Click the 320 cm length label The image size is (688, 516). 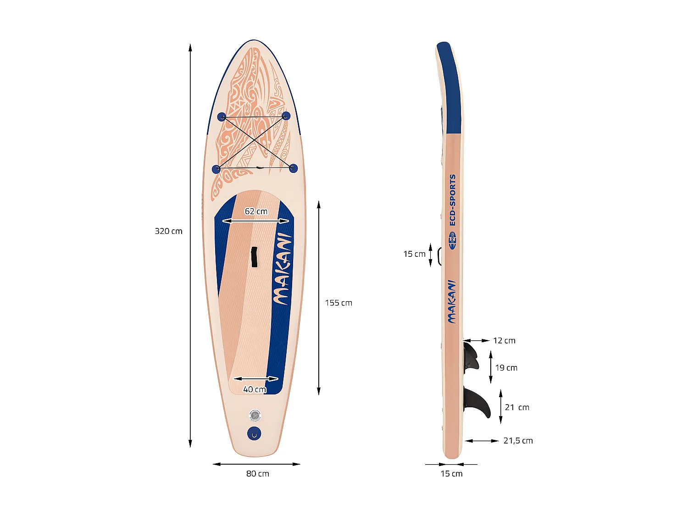tap(168, 231)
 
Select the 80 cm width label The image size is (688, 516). tap(257, 474)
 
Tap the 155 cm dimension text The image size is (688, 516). tap(338, 303)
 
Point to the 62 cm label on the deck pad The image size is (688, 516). tap(256, 211)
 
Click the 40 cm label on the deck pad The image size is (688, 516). tap(255, 389)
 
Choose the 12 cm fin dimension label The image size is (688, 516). tap(504, 340)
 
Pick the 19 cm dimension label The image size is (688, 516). tap(506, 368)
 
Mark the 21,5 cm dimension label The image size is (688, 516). tap(518, 441)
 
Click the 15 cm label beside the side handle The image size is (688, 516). tap(414, 254)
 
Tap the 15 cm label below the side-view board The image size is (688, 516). tap(451, 474)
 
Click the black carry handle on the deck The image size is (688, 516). tap(254, 257)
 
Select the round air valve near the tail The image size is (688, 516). tap(255, 416)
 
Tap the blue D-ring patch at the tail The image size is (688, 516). tap(254, 433)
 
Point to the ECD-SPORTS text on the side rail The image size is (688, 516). tap(453, 200)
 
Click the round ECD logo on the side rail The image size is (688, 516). tap(453, 240)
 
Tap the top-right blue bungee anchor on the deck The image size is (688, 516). tap(286, 116)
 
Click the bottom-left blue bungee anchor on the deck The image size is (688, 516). tap(216, 169)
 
